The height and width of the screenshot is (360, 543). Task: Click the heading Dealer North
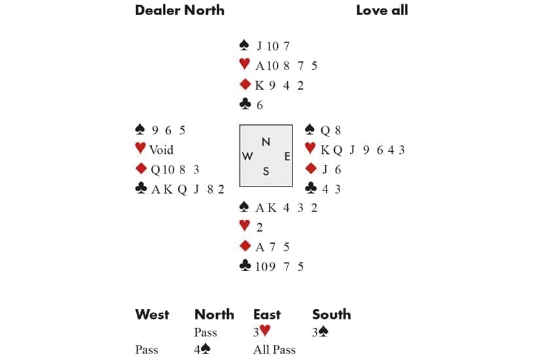[x=179, y=10]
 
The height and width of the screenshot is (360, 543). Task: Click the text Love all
[x=382, y=10]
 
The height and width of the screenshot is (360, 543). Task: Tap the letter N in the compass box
[x=266, y=141]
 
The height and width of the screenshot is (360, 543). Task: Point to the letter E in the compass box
[x=287, y=156]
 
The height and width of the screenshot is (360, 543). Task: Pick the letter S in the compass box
[x=266, y=171]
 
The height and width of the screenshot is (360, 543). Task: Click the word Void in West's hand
[x=161, y=150]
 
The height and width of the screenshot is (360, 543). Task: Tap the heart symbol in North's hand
[x=244, y=65]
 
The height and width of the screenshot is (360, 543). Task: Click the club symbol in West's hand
[x=140, y=189]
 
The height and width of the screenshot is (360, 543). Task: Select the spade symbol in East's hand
[x=311, y=130]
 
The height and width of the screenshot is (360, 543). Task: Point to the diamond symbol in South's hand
[x=245, y=246]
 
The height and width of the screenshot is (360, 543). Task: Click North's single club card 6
[x=260, y=105]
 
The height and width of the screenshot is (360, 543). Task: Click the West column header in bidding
[x=152, y=315]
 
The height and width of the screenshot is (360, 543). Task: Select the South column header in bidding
[x=331, y=315]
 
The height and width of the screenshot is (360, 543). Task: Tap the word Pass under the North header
[x=206, y=333]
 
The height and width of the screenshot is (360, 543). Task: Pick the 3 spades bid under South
[x=320, y=333]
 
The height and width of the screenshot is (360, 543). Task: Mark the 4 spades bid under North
[x=201, y=350]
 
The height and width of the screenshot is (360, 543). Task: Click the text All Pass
[x=274, y=350]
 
